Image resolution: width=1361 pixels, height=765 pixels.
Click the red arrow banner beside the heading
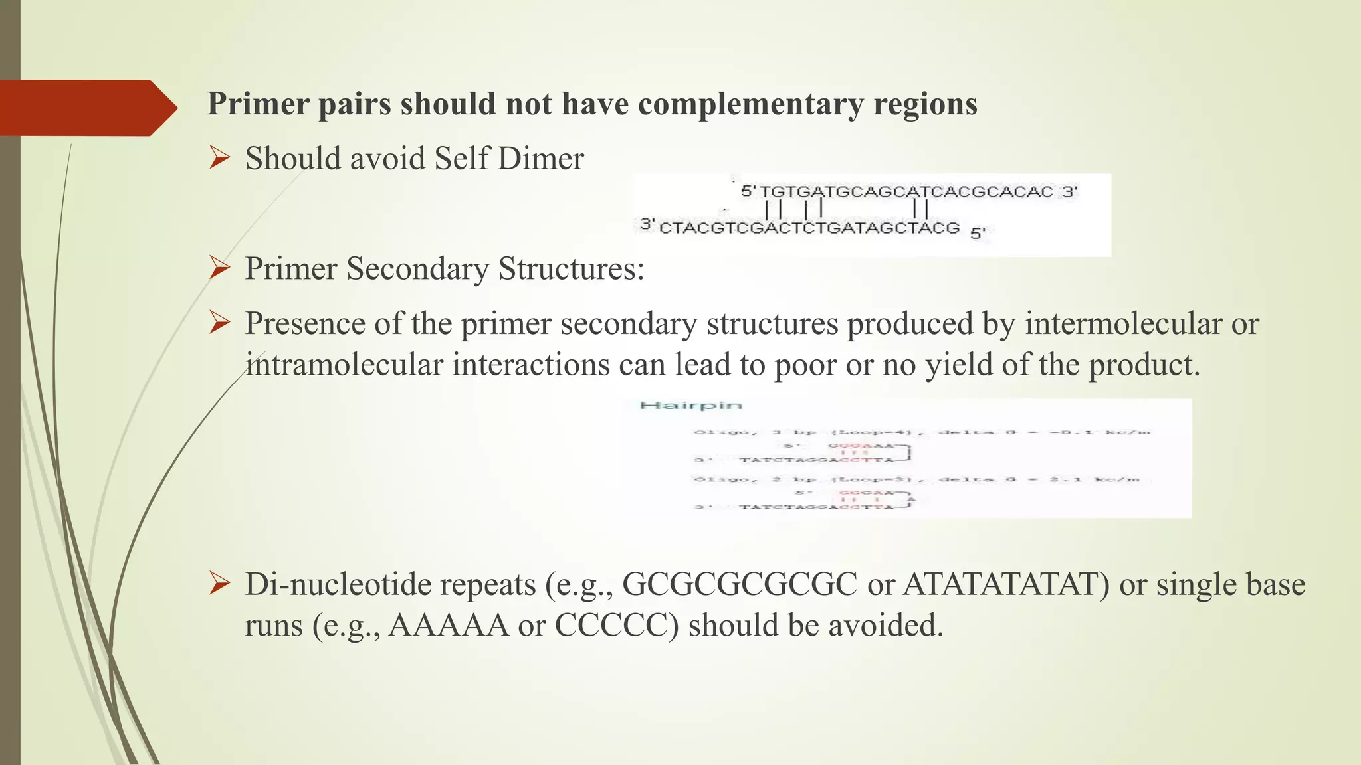click(86, 108)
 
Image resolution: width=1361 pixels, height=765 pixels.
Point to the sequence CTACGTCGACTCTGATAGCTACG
click(809, 228)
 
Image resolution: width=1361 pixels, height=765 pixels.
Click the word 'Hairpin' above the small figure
click(690, 405)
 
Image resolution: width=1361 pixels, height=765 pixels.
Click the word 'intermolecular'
click(1123, 325)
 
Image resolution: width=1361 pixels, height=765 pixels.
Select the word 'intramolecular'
click(344, 365)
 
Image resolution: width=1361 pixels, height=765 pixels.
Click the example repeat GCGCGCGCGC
click(740, 585)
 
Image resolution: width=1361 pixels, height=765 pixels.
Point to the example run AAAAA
click(449, 626)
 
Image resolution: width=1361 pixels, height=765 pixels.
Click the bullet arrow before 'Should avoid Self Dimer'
click(219, 158)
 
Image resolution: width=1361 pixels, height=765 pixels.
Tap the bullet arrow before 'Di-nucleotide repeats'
click(219, 584)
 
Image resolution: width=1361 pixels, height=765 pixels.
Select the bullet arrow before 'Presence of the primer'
click(219, 323)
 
